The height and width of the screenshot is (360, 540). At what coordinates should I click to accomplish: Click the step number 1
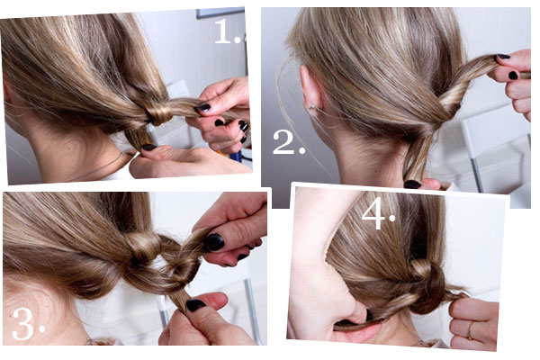tap(228, 31)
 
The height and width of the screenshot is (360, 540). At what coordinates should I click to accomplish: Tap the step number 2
tap(289, 142)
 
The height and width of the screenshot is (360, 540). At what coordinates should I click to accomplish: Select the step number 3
tap(28, 324)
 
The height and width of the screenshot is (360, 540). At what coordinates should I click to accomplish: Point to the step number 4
tap(378, 217)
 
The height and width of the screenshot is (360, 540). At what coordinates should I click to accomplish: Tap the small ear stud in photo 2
tap(311, 107)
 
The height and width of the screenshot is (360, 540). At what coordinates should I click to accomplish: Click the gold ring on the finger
tap(471, 330)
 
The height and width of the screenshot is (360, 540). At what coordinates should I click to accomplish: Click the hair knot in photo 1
tap(159, 111)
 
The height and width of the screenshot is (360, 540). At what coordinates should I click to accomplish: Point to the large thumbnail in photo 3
tap(214, 242)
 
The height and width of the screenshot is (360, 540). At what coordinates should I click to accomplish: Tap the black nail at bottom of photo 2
tap(412, 184)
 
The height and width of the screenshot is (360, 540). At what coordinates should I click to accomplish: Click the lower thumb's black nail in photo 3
tap(195, 305)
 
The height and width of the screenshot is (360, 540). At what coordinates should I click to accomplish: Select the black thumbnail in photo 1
tap(149, 147)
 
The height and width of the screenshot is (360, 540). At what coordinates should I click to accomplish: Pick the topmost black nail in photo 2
tap(503, 56)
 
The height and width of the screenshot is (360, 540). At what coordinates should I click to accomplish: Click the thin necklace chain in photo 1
tap(100, 167)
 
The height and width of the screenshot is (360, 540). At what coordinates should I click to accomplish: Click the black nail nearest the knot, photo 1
tap(203, 107)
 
